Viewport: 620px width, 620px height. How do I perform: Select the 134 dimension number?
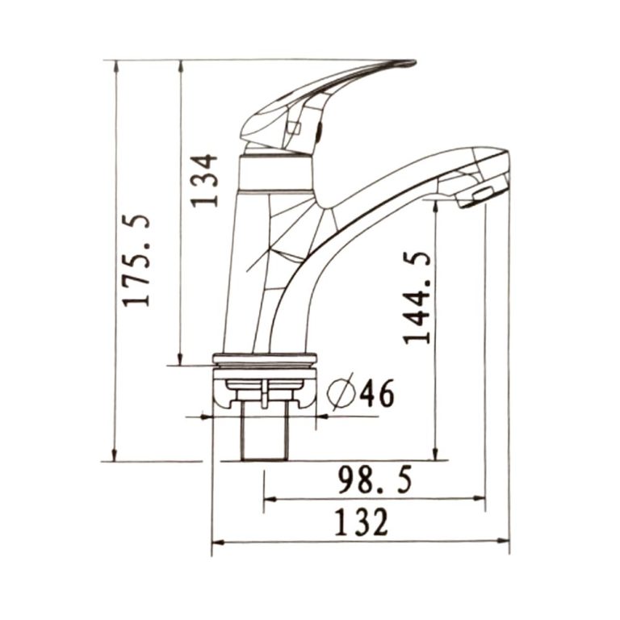[x=205, y=180]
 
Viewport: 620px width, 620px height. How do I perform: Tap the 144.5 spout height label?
[x=417, y=297]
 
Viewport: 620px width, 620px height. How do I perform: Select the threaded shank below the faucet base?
[x=264, y=432]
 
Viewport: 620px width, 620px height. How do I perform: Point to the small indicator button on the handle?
[x=295, y=128]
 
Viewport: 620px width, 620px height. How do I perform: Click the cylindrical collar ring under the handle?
[x=275, y=173]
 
